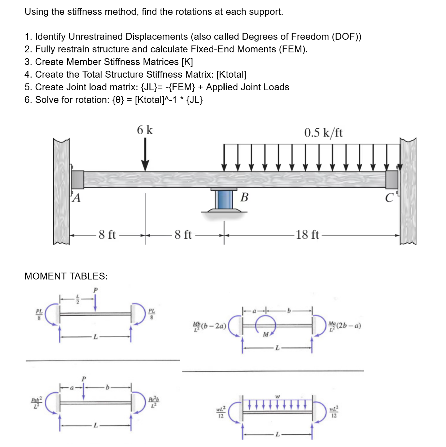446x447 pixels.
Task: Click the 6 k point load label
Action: pos(145,130)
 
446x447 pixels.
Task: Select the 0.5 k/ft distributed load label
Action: pos(323,133)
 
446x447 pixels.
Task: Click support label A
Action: pos(76,198)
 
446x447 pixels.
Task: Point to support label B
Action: pos(244,197)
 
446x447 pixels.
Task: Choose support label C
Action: pos(389,198)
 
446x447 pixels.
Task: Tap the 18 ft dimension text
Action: pos(307,235)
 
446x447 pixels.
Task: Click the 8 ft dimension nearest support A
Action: pos(107,235)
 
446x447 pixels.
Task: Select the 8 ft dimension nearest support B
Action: pos(183,235)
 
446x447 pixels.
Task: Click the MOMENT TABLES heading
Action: pos(66,276)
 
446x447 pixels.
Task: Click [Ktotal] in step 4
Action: pos(231,75)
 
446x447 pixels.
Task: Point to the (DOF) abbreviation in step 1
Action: pos(346,37)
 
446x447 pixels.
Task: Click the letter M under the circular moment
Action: pos(266,335)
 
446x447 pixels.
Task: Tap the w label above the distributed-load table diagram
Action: pos(277,396)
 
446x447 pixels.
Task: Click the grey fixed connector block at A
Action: pos(78,179)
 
